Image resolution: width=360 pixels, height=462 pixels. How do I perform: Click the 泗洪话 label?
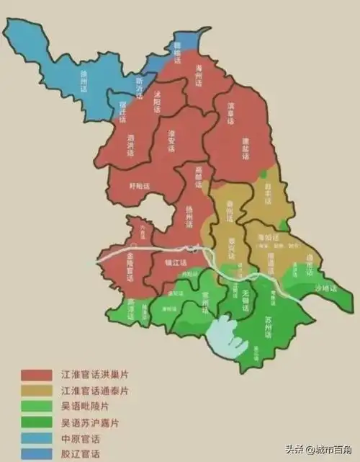tap(131, 145)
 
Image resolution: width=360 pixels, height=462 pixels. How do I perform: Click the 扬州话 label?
tap(190, 217)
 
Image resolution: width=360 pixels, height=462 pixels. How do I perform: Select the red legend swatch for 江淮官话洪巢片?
tap(36, 375)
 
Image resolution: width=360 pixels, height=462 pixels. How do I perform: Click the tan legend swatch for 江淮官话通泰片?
tap(36, 390)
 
